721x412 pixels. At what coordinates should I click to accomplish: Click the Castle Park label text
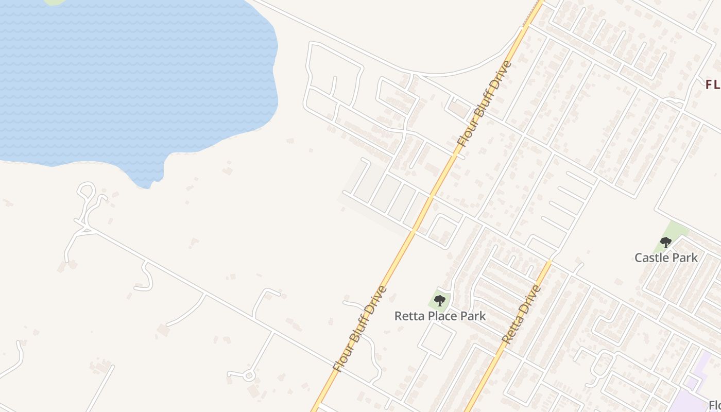point(666,257)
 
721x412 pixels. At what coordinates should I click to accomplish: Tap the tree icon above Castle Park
point(666,242)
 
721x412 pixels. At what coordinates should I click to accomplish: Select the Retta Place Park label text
point(440,316)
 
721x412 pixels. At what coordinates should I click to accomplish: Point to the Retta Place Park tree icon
point(439,300)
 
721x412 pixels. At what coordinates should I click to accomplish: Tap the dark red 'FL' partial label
point(713,85)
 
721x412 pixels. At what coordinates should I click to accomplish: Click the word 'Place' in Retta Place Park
point(440,316)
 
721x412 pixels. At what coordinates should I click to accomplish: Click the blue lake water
point(129,77)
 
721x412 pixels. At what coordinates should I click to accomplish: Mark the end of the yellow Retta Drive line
point(549,262)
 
